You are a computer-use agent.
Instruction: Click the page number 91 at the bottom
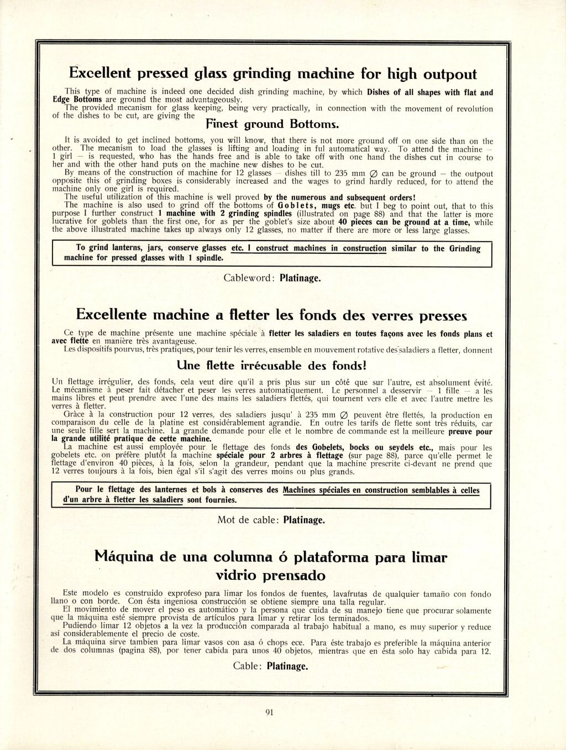(270, 712)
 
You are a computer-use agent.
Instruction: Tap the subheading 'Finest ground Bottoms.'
(272, 124)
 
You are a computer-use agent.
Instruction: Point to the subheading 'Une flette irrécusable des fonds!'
(272, 366)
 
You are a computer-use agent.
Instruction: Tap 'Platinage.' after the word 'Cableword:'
(300, 278)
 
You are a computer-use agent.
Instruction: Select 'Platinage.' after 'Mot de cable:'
(303, 520)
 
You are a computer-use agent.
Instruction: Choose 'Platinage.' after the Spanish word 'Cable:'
(287, 666)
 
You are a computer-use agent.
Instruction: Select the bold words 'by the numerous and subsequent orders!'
(339, 197)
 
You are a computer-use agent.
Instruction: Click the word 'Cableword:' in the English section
(249, 278)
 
